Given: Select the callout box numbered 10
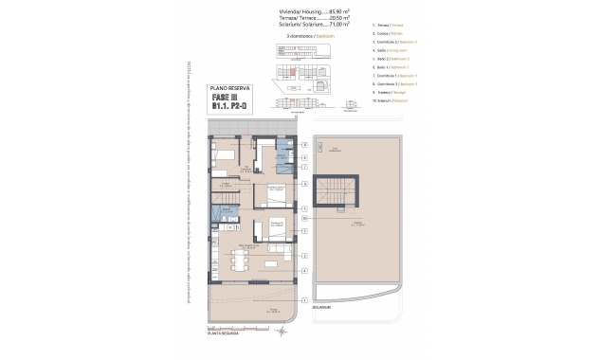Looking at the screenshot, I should point(303,217).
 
